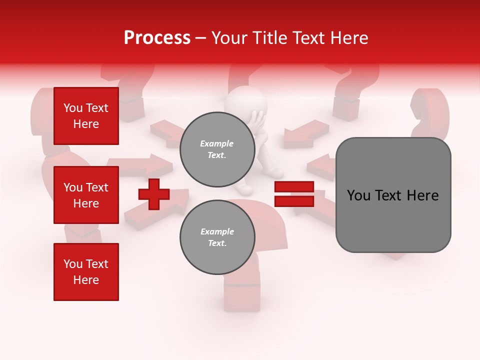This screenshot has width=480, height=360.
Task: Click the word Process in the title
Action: [157, 38]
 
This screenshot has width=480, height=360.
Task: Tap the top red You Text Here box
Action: [86, 116]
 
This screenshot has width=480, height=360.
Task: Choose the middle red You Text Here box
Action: [86, 195]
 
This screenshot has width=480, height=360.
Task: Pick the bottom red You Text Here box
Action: [86, 272]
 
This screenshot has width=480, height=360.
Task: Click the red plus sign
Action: [154, 194]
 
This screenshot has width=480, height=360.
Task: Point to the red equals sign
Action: [294, 194]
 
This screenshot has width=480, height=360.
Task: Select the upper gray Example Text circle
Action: [217, 149]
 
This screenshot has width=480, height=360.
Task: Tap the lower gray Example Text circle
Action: [217, 237]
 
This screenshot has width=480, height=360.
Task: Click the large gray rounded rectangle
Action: [393, 195]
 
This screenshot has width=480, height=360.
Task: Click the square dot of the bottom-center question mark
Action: [242, 295]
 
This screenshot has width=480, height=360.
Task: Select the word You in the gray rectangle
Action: [358, 195]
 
